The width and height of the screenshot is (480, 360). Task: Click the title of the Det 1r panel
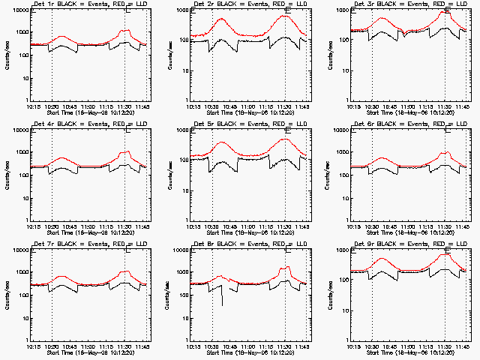(91, 4)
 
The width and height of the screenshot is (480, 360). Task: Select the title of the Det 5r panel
(250, 124)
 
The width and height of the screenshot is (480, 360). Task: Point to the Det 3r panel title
(411, 4)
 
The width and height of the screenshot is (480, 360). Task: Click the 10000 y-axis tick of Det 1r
(19, 10)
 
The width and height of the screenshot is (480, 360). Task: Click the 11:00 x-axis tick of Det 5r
(249, 226)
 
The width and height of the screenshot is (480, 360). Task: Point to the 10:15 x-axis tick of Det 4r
(32, 226)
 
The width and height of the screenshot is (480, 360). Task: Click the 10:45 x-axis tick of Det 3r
(391, 106)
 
